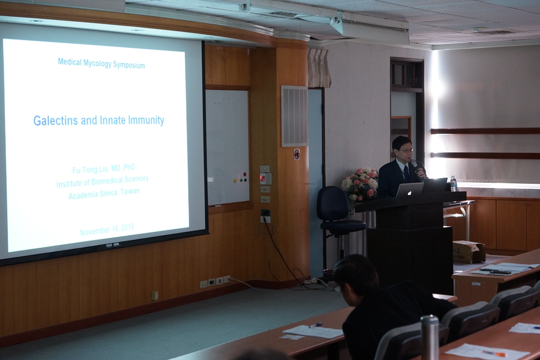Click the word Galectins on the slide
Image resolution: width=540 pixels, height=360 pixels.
coord(55,121)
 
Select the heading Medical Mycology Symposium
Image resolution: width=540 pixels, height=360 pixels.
coord(101,63)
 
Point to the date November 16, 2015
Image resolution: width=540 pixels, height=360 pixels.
coord(107,229)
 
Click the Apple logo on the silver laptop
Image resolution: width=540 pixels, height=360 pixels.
coord(409,192)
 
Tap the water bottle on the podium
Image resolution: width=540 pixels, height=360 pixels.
coord(454,184)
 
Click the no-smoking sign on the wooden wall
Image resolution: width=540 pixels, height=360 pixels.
coord(296,154)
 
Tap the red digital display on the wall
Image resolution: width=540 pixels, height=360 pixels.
coord(263,178)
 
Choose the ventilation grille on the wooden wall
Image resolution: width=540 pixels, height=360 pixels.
coord(294,116)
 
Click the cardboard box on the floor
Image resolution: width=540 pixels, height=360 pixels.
coord(469,251)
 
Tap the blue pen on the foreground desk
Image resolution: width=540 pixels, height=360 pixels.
coord(315,325)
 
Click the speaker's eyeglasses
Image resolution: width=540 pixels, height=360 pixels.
coord(405,150)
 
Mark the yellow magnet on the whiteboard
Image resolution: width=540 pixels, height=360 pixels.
coord(235,180)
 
